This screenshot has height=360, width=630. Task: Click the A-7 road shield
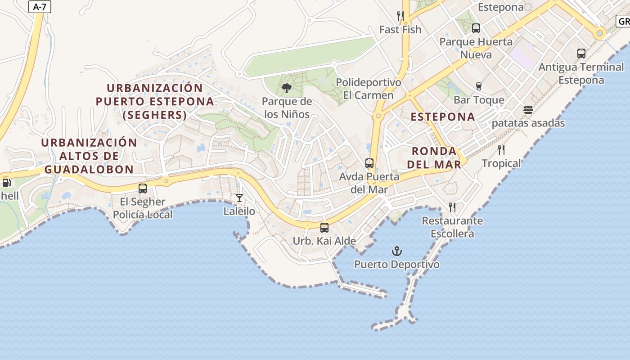click(x=40, y=7)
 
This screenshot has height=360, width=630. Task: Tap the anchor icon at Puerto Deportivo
click(x=396, y=251)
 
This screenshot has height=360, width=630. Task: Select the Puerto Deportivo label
click(x=396, y=264)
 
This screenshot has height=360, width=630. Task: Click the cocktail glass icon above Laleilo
click(x=239, y=198)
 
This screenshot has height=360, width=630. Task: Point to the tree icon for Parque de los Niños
click(x=286, y=88)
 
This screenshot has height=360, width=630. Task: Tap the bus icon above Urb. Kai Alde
click(x=324, y=228)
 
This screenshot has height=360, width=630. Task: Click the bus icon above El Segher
click(x=143, y=189)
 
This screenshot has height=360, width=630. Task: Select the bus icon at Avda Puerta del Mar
click(x=369, y=163)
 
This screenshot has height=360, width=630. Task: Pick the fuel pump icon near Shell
click(x=6, y=183)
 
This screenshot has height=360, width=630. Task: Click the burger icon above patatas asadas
click(x=528, y=110)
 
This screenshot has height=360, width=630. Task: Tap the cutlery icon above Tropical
click(x=501, y=149)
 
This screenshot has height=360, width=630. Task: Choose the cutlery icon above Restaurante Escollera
click(x=452, y=207)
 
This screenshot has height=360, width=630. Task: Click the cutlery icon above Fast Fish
click(x=400, y=16)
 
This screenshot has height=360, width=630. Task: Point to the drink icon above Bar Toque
click(x=478, y=86)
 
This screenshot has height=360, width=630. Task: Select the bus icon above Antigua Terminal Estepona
click(x=581, y=54)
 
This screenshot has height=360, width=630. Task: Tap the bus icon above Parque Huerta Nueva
click(x=476, y=28)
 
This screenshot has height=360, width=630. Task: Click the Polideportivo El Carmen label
click(x=369, y=89)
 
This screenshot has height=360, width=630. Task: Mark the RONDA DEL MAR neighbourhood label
click(x=434, y=157)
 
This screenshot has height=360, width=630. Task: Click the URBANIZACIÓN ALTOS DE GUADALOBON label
click(x=89, y=156)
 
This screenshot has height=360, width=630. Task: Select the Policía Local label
click(x=142, y=215)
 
